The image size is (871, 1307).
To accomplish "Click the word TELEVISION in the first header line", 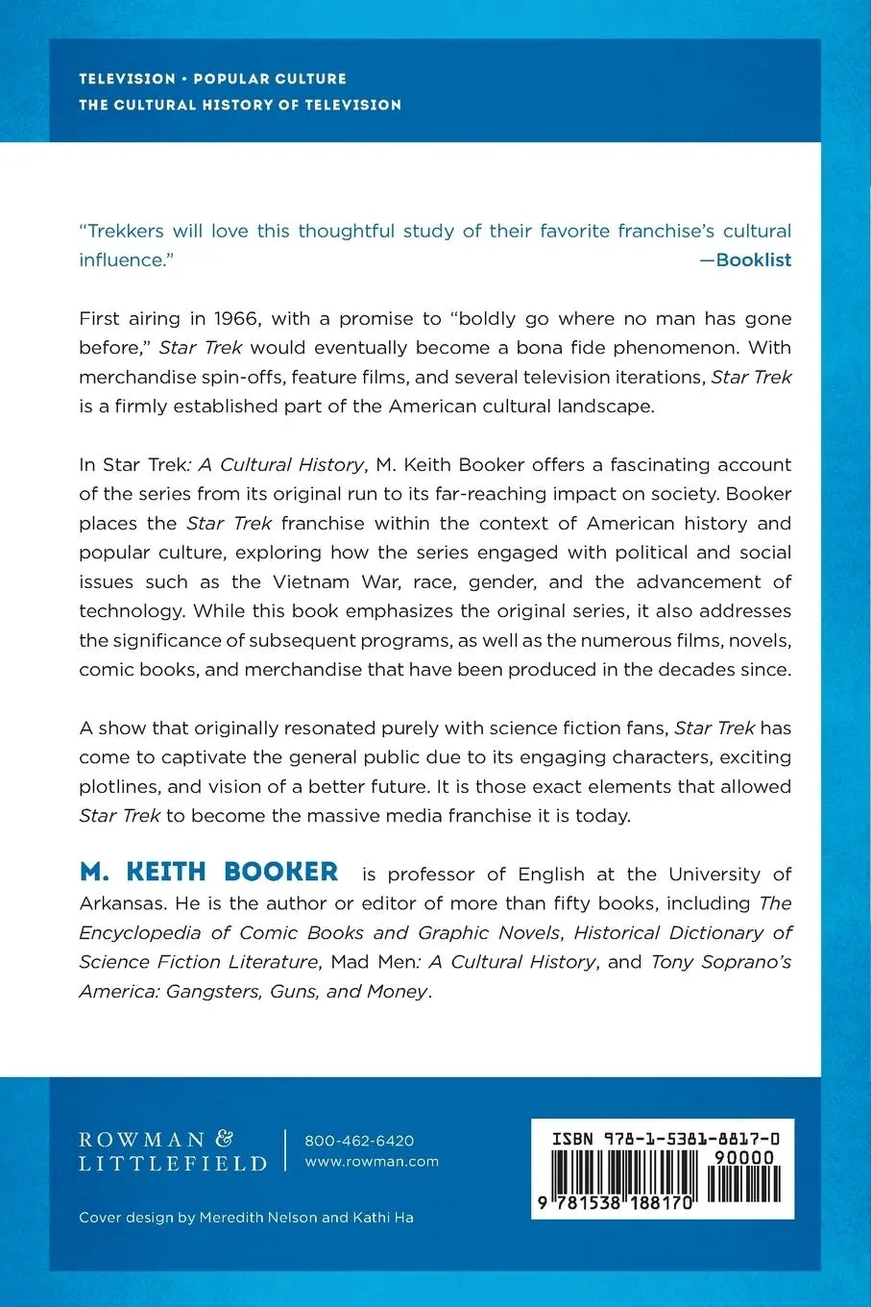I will [x=127, y=79].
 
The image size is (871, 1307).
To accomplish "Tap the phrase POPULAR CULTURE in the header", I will [x=270, y=79].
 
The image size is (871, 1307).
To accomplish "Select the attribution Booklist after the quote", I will [x=753, y=259].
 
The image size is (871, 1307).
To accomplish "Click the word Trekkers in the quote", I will [x=126, y=231].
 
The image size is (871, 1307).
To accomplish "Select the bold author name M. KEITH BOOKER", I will [x=208, y=873].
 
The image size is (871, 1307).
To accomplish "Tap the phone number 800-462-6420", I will [x=359, y=1141].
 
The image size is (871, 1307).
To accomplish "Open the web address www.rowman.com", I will [x=372, y=1161].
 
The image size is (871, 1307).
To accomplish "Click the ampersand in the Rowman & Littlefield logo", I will [x=224, y=1139].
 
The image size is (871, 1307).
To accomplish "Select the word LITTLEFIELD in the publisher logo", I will [x=173, y=1164].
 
